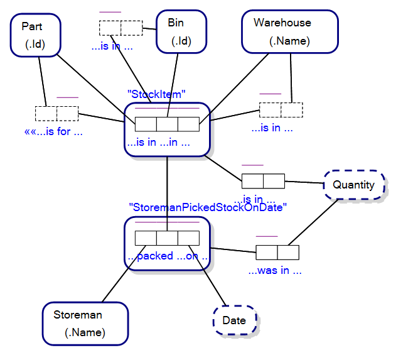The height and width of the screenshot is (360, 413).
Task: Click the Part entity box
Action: (35, 35)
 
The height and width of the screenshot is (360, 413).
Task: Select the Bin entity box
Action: (181, 31)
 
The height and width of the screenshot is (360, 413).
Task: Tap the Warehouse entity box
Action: (289, 31)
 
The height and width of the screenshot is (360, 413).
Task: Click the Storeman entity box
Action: (85, 323)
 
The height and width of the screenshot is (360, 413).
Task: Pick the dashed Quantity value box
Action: (353, 185)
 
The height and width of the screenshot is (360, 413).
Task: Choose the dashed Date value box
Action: (234, 320)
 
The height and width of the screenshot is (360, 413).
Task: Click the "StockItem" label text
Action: (156, 94)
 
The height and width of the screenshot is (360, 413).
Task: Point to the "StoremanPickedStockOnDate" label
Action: (207, 207)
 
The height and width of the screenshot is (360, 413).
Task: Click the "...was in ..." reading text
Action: (275, 271)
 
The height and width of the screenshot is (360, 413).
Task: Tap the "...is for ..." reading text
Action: (53, 132)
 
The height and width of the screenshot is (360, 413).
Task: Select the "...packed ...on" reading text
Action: (168, 256)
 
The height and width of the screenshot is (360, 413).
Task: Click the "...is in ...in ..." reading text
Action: (159, 143)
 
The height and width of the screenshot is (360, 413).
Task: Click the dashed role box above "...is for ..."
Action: (56, 114)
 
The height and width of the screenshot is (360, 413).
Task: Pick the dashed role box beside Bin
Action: (121, 28)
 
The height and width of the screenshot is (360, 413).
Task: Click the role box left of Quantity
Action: (263, 181)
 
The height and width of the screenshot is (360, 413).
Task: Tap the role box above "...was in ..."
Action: (277, 253)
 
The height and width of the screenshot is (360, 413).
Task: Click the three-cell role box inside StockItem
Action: (167, 124)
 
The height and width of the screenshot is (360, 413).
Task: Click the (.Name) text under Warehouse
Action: (289, 41)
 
